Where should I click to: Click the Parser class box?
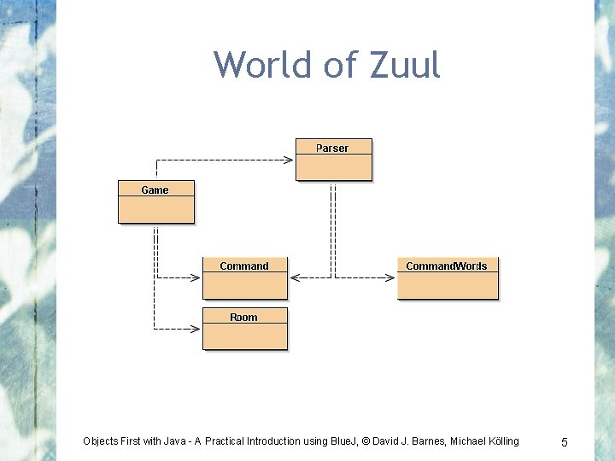[334, 160]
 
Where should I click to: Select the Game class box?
[155, 201]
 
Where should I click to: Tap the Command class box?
[244, 278]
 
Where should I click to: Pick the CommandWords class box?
[447, 278]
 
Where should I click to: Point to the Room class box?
[244, 329]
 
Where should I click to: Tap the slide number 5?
[564, 442]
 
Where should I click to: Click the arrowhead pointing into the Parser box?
[290, 160]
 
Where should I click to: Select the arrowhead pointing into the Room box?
[197, 329]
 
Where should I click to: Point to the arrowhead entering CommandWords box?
[392, 277]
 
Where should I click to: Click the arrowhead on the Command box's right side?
[295, 277]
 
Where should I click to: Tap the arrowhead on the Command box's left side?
[197, 277]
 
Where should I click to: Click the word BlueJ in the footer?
[343, 441]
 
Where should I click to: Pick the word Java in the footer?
[182, 441]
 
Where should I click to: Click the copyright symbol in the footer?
[366, 441]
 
